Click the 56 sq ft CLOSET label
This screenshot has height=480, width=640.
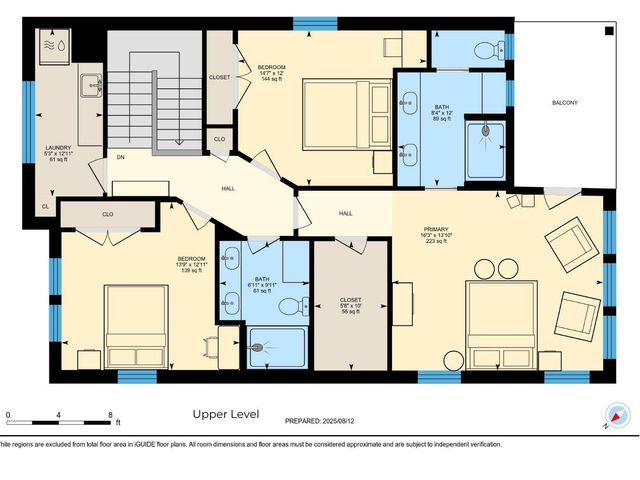350,301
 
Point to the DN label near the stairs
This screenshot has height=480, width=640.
119,157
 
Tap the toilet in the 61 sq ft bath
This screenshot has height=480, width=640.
289,307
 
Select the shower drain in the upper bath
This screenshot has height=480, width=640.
486,128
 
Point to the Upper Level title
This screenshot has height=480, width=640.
225,414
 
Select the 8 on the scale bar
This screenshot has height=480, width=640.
110,414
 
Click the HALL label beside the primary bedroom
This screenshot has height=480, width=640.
346,213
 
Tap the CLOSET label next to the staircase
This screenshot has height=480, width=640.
220,77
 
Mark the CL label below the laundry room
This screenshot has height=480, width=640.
45,207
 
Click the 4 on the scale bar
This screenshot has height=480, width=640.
59,414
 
